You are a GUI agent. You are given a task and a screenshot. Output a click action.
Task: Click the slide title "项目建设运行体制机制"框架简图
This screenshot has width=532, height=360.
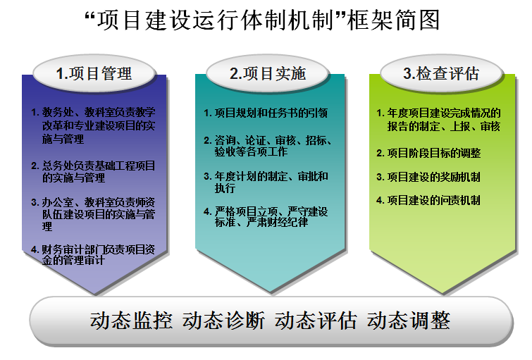(262, 20)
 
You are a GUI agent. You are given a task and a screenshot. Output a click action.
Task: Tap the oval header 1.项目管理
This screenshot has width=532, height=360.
(94, 73)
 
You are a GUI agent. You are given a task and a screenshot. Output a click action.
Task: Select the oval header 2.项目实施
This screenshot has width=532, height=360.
(268, 73)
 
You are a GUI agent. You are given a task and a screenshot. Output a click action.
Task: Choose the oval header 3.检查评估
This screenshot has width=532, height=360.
(441, 73)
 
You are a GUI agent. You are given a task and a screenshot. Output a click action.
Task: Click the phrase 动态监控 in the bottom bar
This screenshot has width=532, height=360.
(131, 321)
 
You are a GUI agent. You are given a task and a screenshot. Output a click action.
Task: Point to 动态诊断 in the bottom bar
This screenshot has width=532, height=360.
(223, 321)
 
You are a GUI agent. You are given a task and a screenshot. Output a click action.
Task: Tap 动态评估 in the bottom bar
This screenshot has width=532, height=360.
(316, 321)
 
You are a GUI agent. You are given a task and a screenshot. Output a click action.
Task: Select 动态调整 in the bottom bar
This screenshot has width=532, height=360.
(409, 321)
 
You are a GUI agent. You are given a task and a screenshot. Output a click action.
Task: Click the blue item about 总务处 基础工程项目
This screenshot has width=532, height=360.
(93, 172)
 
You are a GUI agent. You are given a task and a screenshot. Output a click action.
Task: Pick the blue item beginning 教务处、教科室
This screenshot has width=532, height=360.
(93, 125)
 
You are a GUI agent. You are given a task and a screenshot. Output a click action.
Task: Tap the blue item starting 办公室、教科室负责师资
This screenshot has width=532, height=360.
(93, 214)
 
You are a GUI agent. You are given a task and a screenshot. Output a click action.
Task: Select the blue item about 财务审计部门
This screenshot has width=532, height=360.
(93, 255)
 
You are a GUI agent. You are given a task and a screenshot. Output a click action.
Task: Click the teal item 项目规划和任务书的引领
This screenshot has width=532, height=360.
(266, 113)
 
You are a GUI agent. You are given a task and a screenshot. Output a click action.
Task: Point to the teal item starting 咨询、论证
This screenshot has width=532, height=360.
(268, 146)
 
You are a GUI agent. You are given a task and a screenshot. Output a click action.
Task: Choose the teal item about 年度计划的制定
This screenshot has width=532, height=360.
(266, 182)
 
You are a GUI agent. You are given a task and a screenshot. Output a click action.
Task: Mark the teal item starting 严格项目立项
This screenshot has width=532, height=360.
(266, 217)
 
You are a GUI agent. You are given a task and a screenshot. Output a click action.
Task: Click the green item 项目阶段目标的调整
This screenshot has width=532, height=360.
(428, 153)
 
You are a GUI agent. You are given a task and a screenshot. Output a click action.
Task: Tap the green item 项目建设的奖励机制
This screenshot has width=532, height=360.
(428, 177)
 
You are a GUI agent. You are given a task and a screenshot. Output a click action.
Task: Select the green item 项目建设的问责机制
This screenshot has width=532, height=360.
(428, 200)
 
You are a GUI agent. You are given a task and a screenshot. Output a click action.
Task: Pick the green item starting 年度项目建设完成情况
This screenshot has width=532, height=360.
(439, 120)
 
